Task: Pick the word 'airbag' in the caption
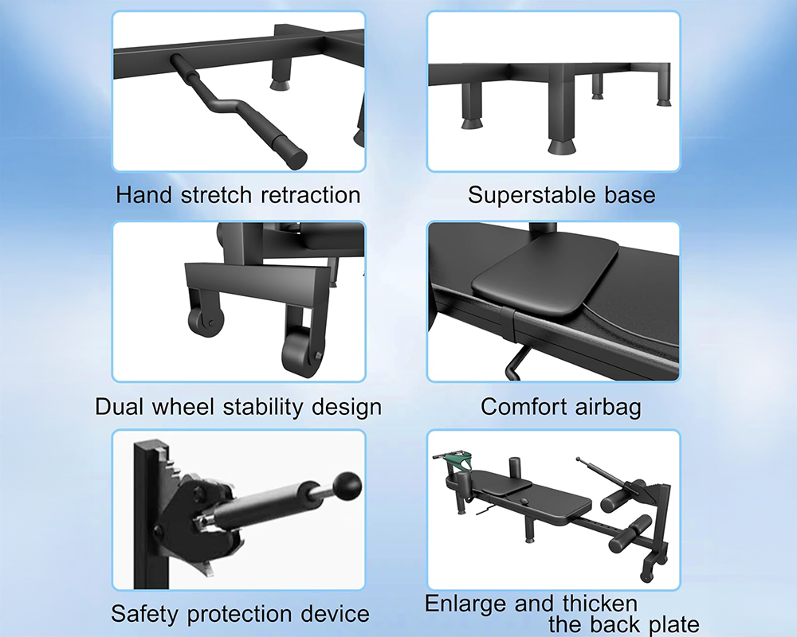point(606,407)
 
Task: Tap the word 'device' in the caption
point(335,614)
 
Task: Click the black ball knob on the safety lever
point(348,483)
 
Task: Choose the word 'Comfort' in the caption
point(522,407)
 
